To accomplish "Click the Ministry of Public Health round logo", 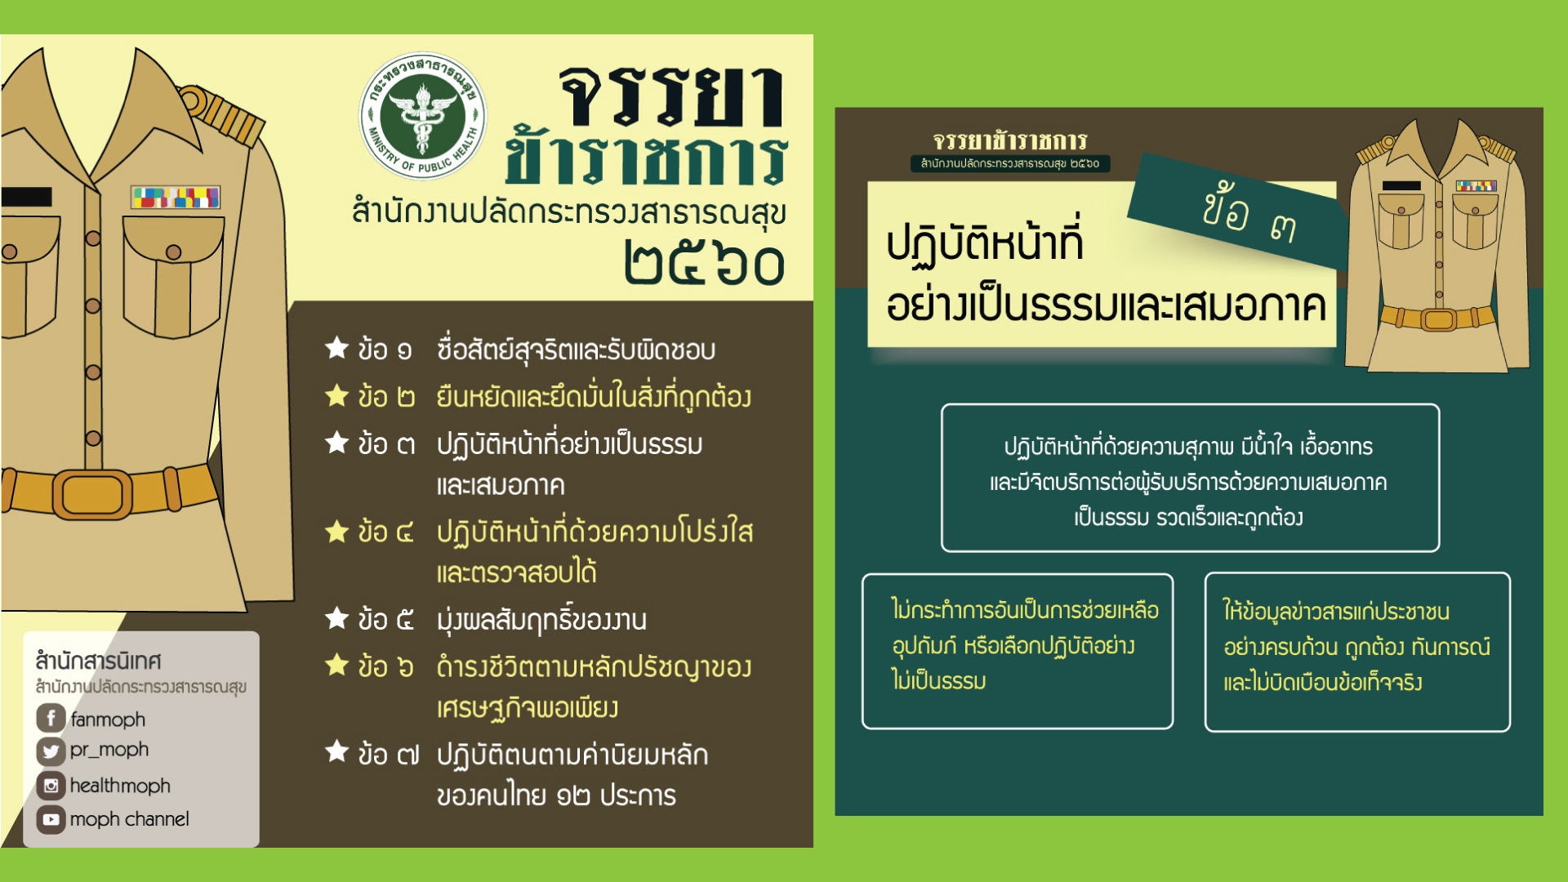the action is [x=422, y=116].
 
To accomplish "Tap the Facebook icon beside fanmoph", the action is [x=51, y=718].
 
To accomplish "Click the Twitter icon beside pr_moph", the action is [x=51, y=751].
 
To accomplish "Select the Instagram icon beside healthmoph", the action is [x=51, y=785].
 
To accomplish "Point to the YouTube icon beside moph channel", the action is [x=51, y=818].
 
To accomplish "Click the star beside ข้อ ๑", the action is [x=336, y=347].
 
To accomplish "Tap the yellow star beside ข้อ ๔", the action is [x=336, y=531].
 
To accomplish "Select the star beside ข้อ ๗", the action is [x=336, y=751].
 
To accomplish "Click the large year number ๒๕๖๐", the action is [x=704, y=263].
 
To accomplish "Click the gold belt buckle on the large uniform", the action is [x=92, y=494].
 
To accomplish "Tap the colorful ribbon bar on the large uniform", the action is [x=176, y=197].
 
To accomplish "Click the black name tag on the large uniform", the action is [x=26, y=197].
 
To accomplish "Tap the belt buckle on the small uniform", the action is [x=1439, y=319].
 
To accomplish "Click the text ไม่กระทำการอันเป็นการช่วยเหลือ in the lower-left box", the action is [x=1025, y=610].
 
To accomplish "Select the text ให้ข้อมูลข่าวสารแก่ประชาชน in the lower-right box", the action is [x=1336, y=611].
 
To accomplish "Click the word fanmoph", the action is [x=108, y=719].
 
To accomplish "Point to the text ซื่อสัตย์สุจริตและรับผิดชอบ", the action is [x=576, y=350].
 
